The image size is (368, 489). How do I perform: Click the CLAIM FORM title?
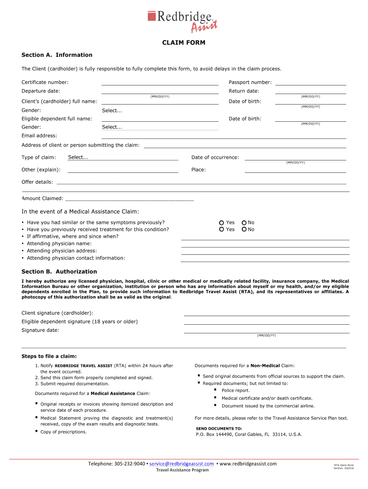point(184,43)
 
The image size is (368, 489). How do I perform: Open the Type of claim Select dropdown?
point(123,158)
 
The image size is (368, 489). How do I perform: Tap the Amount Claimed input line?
point(129,198)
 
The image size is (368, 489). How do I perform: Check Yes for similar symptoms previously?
point(222,223)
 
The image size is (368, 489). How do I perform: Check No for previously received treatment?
point(244,230)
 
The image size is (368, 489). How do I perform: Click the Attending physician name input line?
point(265,244)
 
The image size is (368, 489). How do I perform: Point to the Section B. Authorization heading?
point(59,272)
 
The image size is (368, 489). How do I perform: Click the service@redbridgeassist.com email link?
point(182,464)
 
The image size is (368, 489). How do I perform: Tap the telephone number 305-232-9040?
point(130,464)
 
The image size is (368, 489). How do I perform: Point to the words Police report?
point(236,391)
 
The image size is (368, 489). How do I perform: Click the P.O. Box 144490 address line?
point(249,435)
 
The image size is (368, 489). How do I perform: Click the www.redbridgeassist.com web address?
point(248,464)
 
